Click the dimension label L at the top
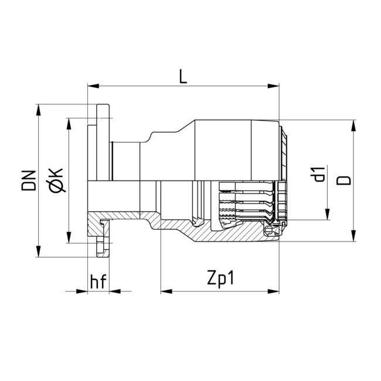(x=183, y=77)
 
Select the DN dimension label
(x=29, y=181)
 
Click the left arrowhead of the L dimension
(x=91, y=86)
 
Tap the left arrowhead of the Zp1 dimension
(x=165, y=290)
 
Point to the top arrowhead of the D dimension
(x=353, y=125)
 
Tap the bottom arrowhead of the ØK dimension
(x=69, y=239)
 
